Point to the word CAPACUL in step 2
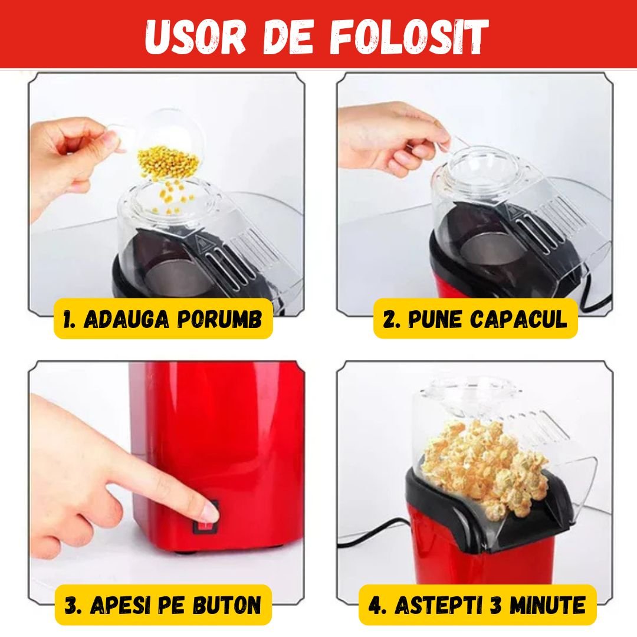518,319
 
